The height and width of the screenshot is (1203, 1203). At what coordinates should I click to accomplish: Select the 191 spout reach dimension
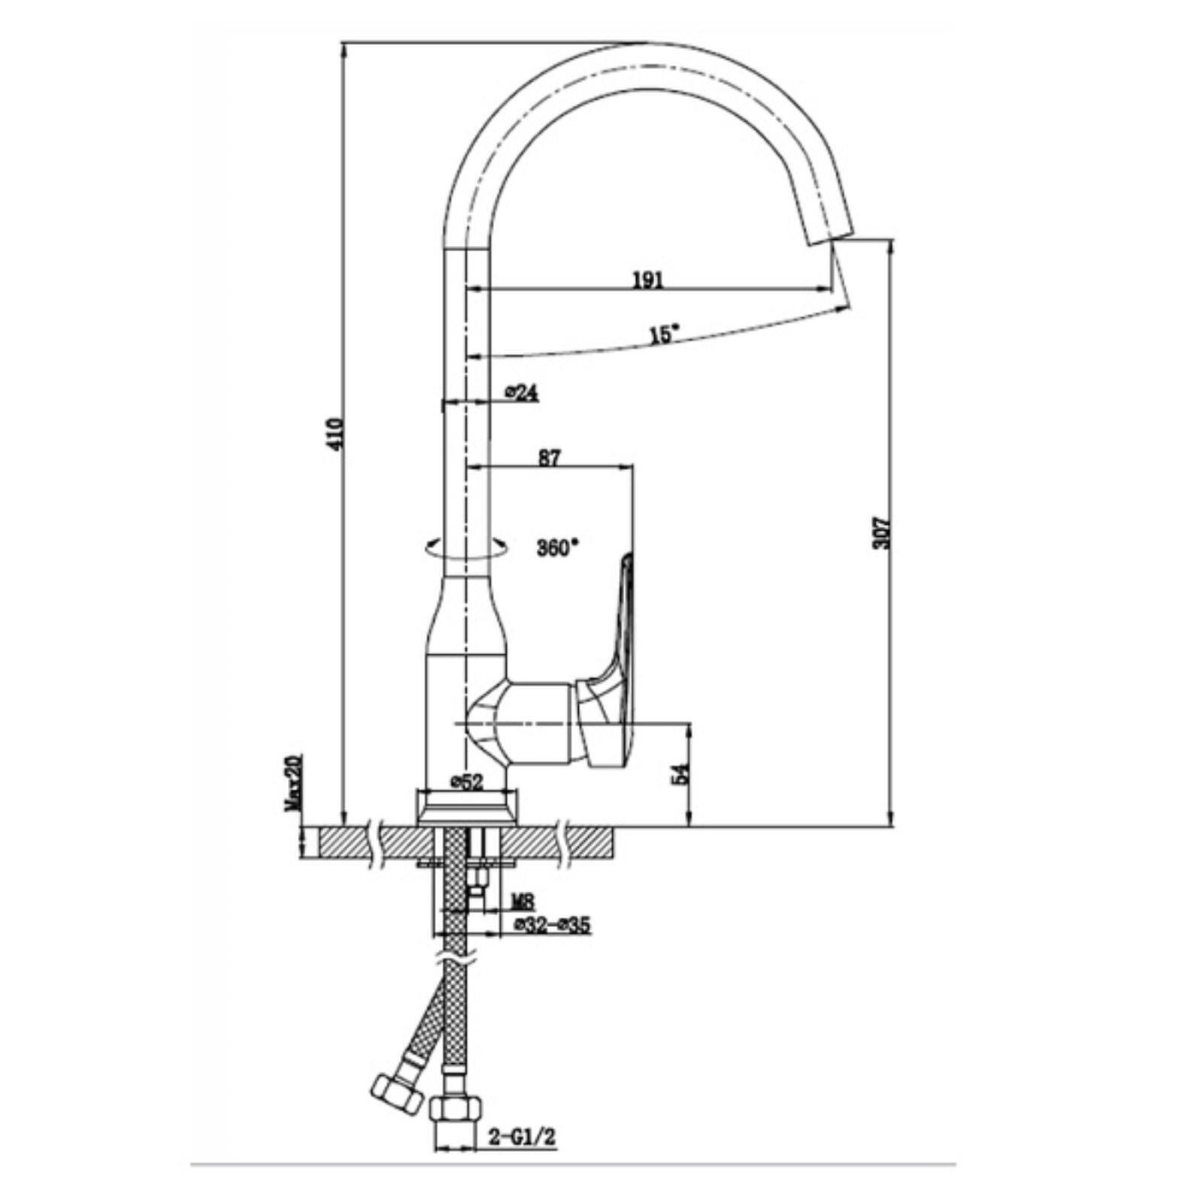(x=647, y=280)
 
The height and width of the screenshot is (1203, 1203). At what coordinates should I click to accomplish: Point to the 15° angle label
(x=665, y=333)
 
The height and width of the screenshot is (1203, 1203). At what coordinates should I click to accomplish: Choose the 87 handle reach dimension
(x=550, y=458)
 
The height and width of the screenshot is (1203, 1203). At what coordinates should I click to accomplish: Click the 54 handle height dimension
(x=680, y=774)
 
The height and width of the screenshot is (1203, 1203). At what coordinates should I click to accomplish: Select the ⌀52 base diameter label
(x=466, y=782)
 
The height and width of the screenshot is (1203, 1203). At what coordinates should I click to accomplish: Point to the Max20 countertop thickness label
(x=292, y=783)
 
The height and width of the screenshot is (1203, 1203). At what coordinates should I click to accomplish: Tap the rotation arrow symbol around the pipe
(x=465, y=548)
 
